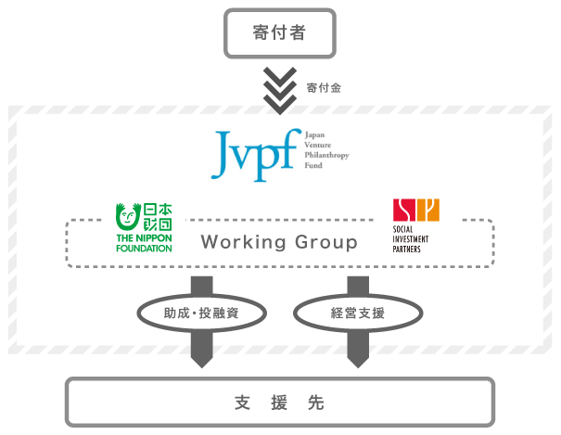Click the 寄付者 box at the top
[279, 33]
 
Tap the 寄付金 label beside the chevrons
[323, 88]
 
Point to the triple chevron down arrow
[279, 89]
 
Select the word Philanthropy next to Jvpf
[326, 155]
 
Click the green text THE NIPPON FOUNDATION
[144, 242]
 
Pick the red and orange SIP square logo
[415, 211]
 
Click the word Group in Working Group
[326, 243]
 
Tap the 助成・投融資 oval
[202, 313]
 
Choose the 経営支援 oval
[358, 313]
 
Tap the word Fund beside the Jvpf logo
[311, 166]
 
